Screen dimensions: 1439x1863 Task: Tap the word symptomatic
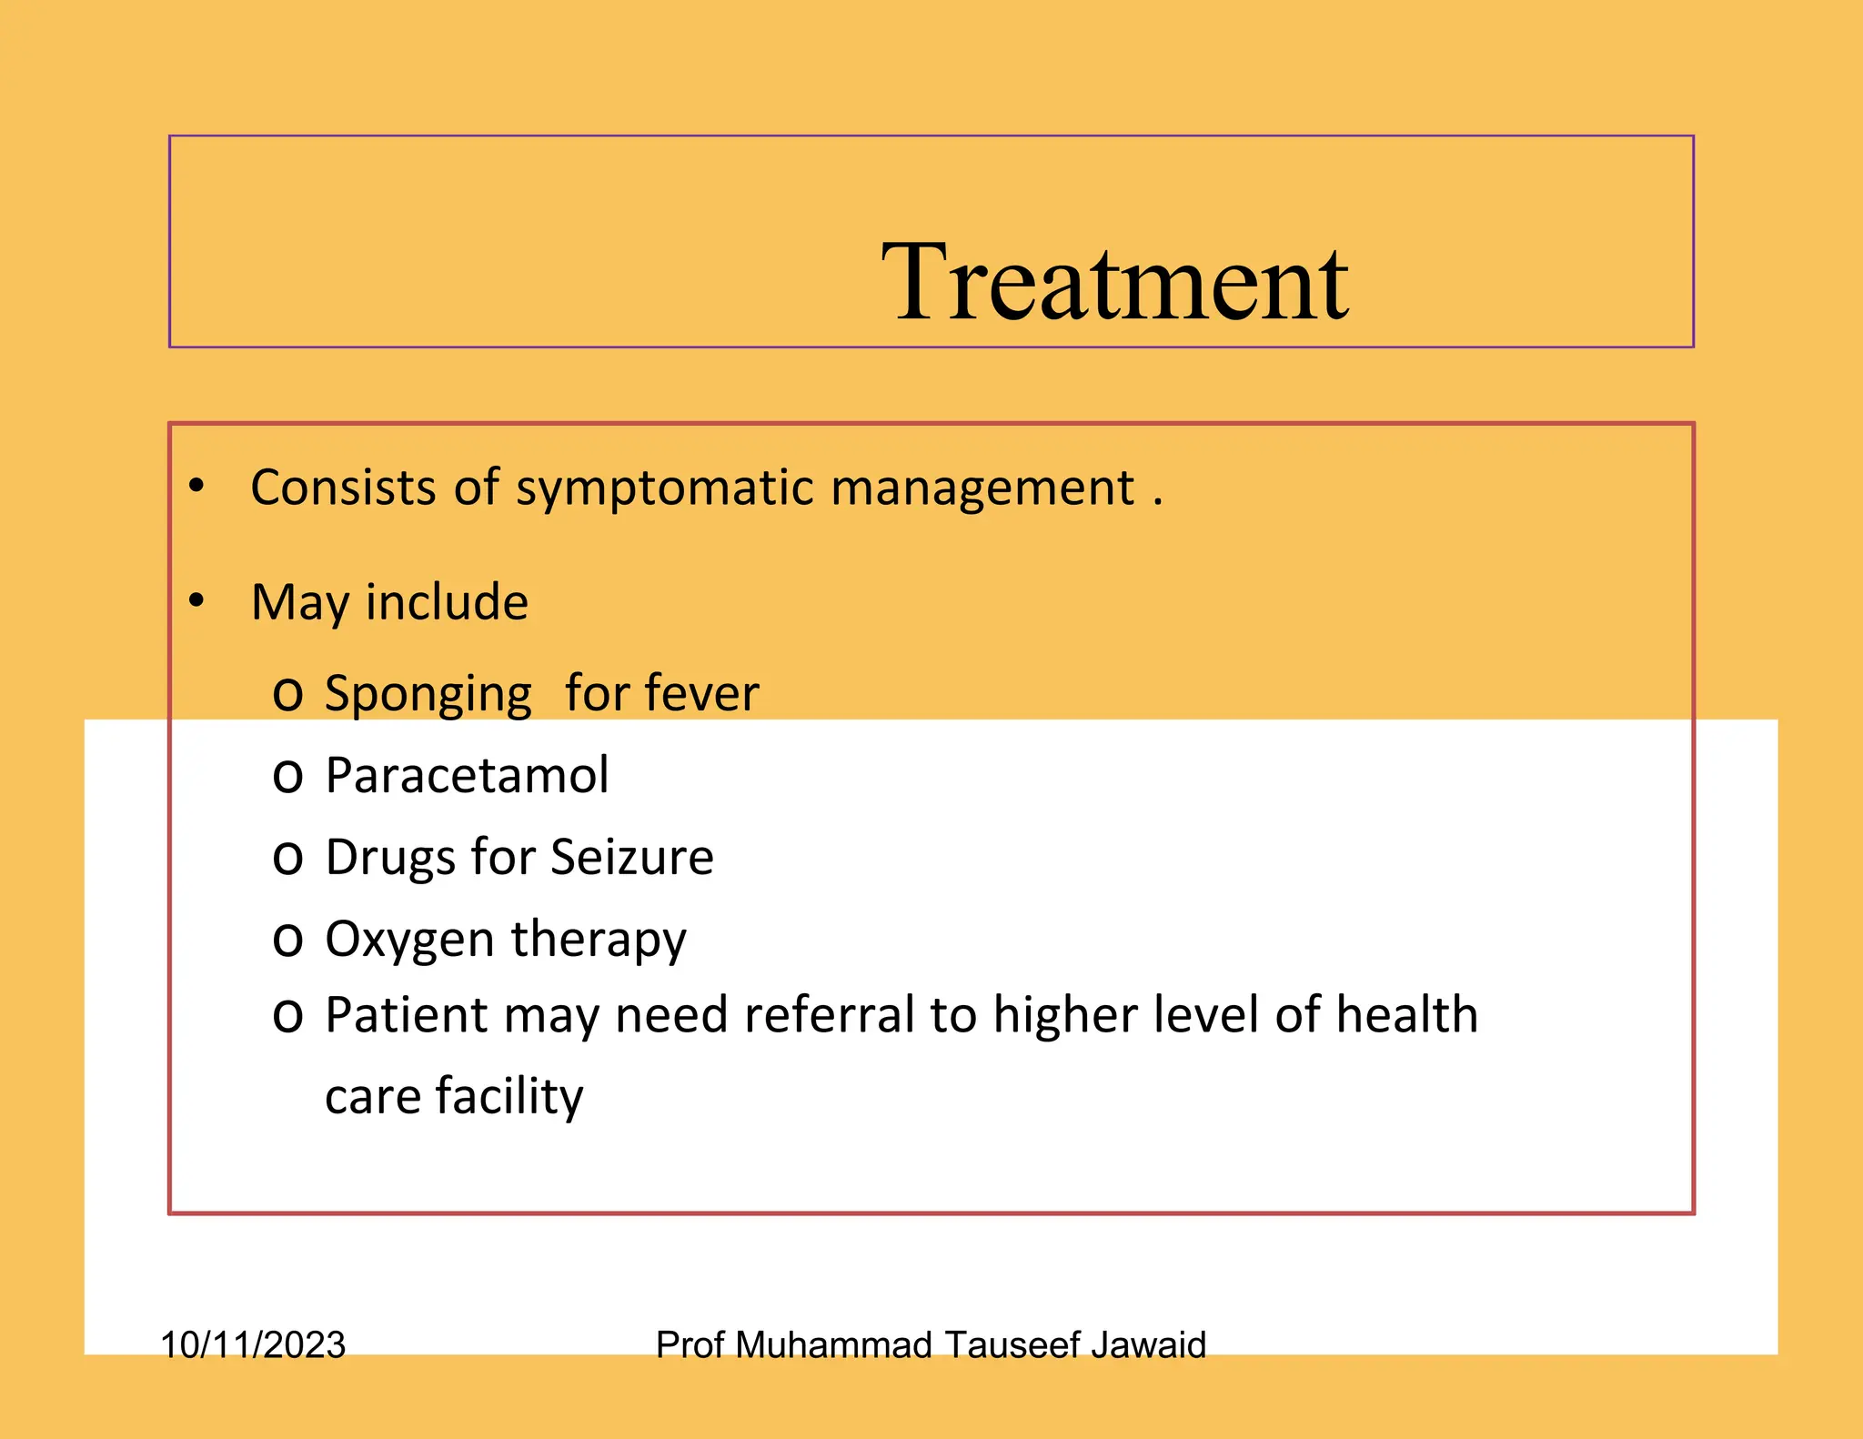click(x=665, y=488)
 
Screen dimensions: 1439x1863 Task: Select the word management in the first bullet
click(x=982, y=488)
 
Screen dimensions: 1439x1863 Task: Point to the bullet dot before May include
click(x=196, y=600)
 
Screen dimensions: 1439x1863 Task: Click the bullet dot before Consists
click(x=196, y=486)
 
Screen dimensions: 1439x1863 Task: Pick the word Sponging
click(x=428, y=695)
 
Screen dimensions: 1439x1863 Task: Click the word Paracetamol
click(x=467, y=775)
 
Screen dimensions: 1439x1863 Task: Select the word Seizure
click(x=632, y=857)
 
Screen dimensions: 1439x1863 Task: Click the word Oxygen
click(x=410, y=941)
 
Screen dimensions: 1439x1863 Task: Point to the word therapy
click(x=599, y=941)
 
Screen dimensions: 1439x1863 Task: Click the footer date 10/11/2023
click(x=253, y=1344)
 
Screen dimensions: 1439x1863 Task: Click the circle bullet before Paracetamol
click(x=287, y=777)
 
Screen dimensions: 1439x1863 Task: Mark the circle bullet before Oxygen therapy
click(x=287, y=941)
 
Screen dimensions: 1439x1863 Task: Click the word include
click(x=447, y=602)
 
